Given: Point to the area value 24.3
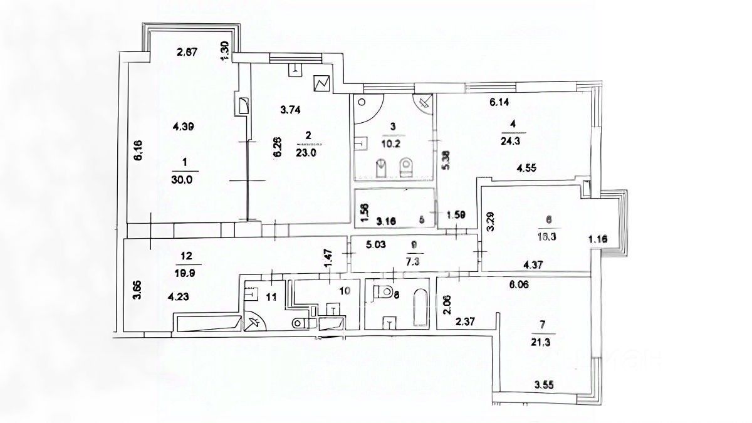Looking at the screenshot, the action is click(x=513, y=140).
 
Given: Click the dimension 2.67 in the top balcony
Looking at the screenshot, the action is click(x=187, y=53).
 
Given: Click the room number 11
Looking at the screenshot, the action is click(x=271, y=297).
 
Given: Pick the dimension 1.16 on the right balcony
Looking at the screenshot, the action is click(x=599, y=239).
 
